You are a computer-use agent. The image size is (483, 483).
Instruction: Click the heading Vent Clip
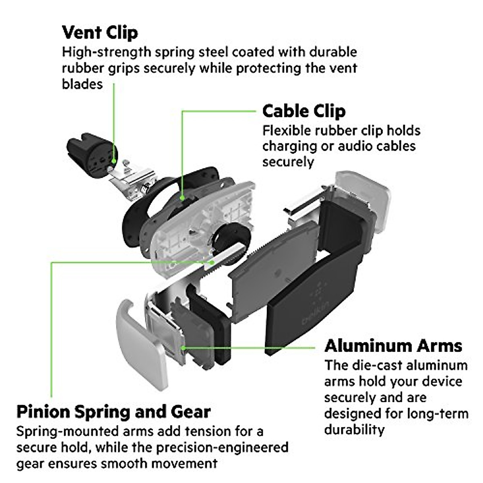[100, 33]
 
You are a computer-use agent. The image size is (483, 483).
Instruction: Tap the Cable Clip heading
[304, 111]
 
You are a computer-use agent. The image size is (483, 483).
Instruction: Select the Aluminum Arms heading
[393, 346]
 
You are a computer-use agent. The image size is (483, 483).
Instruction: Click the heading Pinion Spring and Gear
[114, 412]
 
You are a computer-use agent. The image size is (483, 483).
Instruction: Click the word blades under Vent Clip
[82, 84]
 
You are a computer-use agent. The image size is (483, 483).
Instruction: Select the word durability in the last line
[354, 430]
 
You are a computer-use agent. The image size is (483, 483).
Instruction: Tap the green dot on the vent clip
[114, 161]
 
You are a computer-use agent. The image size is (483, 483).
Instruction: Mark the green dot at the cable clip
[182, 198]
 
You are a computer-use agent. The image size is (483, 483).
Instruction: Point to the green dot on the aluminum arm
[182, 347]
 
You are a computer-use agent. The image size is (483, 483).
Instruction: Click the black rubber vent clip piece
[89, 155]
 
